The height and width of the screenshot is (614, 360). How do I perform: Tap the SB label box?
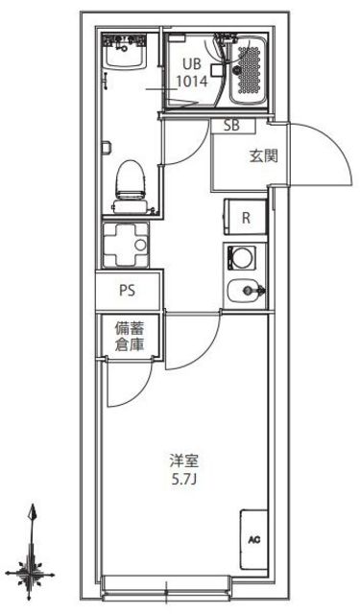(x=232, y=126)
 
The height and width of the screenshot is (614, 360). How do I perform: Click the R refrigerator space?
(x=246, y=217)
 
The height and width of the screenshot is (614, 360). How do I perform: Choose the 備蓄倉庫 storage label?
(x=128, y=337)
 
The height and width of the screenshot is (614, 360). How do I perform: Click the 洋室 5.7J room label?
(x=181, y=469)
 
